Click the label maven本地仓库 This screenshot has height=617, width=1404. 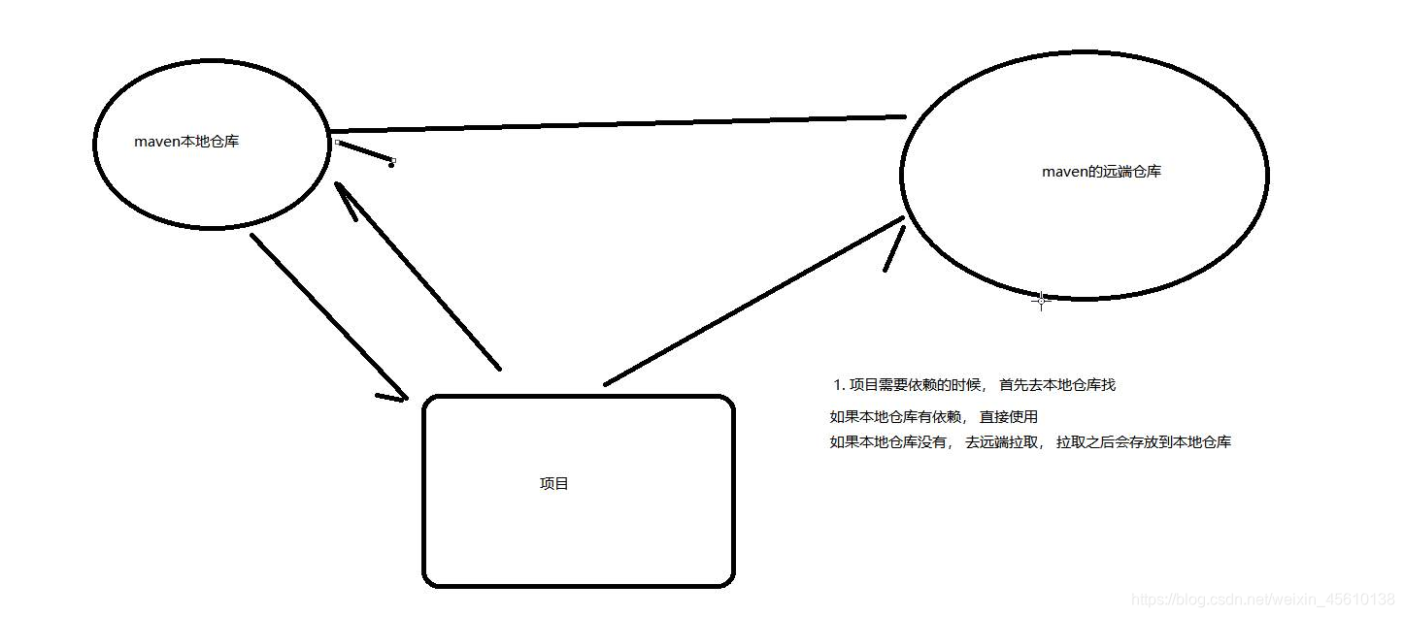tap(186, 142)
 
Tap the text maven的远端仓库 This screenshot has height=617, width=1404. tap(1101, 172)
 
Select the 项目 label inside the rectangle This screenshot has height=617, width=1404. tap(553, 483)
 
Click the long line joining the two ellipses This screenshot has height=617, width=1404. tap(618, 124)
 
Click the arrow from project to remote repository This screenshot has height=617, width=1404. tap(752, 302)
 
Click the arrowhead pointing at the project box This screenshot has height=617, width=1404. tap(393, 396)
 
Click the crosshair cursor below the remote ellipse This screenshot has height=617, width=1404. tap(1041, 301)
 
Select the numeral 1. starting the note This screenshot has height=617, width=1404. tap(840, 385)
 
